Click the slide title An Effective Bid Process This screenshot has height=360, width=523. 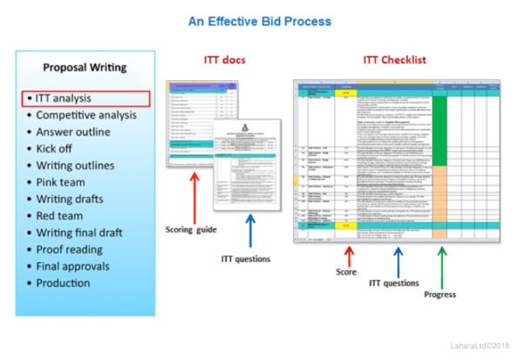[259, 20]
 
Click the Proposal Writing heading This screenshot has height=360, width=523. [84, 67]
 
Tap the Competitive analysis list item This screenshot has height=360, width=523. [85, 115]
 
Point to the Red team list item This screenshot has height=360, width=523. [65, 215]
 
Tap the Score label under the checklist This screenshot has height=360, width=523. [348, 272]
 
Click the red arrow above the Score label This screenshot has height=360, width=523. [349, 255]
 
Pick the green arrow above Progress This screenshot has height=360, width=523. [441, 262]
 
